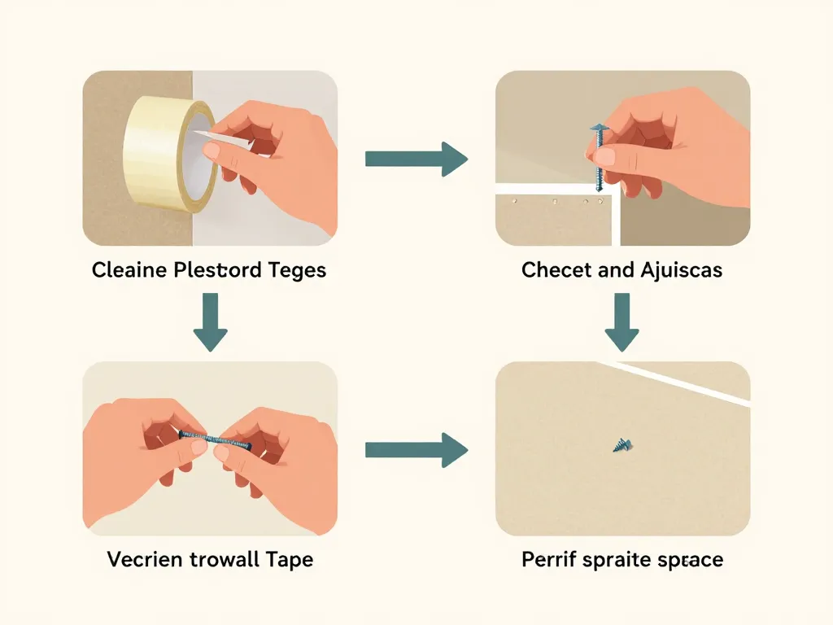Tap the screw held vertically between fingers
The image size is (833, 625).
[600, 155]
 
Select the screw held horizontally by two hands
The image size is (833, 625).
[213, 439]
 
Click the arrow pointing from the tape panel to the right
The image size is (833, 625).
[416, 158]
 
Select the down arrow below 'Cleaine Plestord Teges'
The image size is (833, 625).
[210, 321]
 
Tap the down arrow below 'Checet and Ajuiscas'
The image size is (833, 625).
[621, 321]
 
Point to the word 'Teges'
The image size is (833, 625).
[296, 270]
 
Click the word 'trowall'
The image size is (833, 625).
[225, 560]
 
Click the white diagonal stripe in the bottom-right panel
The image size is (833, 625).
[683, 382]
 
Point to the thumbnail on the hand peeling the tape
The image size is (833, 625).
[213, 151]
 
